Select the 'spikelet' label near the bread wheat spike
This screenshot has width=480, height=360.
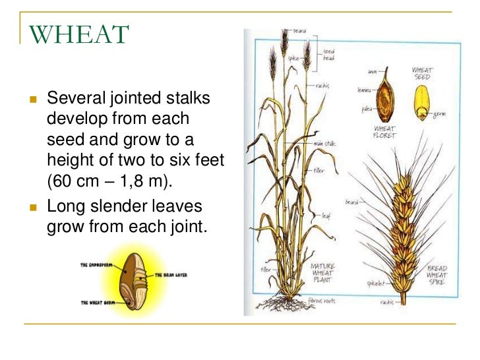pyautogui.click(x=376, y=284)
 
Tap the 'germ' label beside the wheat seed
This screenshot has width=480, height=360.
pyautogui.click(x=439, y=114)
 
